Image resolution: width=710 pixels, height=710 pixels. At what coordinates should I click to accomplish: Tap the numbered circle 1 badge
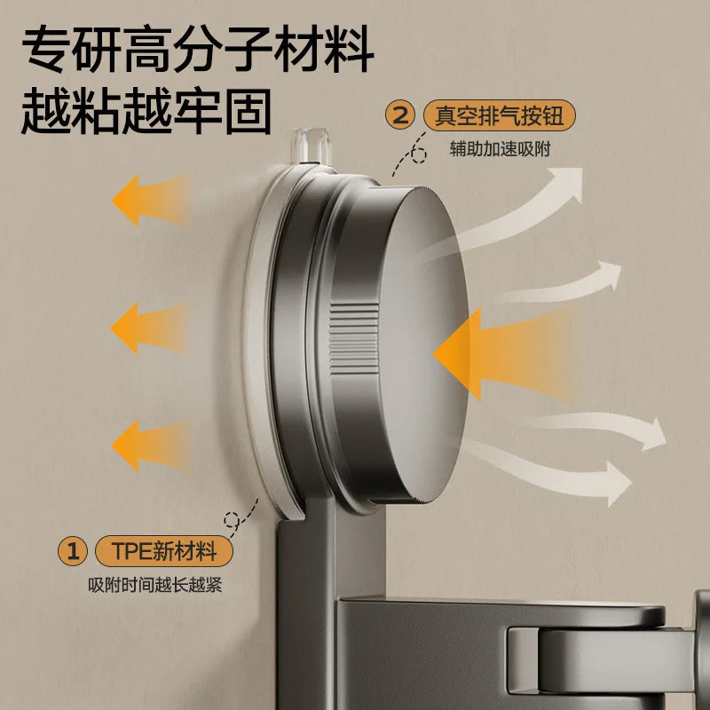73,551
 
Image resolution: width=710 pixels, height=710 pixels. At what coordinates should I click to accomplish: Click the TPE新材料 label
165,551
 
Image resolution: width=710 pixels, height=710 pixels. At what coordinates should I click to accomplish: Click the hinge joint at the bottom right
603,657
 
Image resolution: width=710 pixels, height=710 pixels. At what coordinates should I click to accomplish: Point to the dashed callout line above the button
410,160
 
